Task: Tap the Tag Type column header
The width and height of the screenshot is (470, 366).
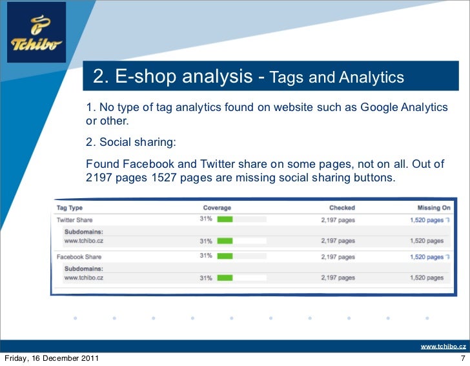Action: (70, 208)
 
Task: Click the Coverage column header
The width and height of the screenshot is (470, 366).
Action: (216, 208)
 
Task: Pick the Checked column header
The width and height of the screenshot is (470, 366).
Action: (342, 208)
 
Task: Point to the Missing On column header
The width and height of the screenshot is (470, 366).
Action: (433, 208)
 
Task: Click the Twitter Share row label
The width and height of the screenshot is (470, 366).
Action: (74, 220)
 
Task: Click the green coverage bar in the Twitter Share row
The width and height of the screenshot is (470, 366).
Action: (225, 220)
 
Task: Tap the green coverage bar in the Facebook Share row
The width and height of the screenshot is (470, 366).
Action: (225, 256)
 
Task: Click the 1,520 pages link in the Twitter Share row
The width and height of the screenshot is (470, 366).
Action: (427, 220)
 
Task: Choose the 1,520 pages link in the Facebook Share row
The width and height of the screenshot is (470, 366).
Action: (427, 256)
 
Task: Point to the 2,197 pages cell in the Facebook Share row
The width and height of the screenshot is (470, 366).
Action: (338, 256)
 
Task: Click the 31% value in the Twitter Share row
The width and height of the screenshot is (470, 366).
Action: (205, 219)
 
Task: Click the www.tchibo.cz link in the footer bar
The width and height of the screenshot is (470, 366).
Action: (443, 347)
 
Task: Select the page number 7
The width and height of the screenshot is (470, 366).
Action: (462, 358)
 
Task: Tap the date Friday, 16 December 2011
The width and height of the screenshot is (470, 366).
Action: (52, 358)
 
